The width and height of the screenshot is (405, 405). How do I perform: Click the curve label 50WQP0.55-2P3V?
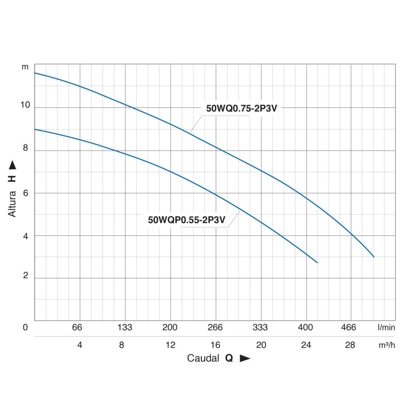coord(187,220)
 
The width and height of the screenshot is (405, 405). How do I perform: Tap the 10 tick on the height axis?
coord(25,105)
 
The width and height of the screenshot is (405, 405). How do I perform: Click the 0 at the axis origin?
coord(25,327)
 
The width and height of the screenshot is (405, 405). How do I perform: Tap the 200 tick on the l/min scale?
coord(170,327)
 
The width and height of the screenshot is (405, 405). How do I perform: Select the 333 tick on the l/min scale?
coord(260,327)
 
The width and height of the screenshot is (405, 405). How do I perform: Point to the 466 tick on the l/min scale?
coord(349,327)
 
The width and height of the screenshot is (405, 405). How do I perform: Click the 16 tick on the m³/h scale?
coord(216,345)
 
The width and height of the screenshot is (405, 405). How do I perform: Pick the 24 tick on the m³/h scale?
coord(306,345)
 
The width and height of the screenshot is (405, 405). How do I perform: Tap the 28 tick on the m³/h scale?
coord(350,345)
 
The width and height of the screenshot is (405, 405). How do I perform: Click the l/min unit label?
coord(386,327)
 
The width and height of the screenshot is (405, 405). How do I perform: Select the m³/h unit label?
coord(387,345)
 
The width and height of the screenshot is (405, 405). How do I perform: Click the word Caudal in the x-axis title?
coord(203,358)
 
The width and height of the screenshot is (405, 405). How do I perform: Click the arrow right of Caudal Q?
coord(245,359)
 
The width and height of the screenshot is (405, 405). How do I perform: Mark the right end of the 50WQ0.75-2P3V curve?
coord(374,257)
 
